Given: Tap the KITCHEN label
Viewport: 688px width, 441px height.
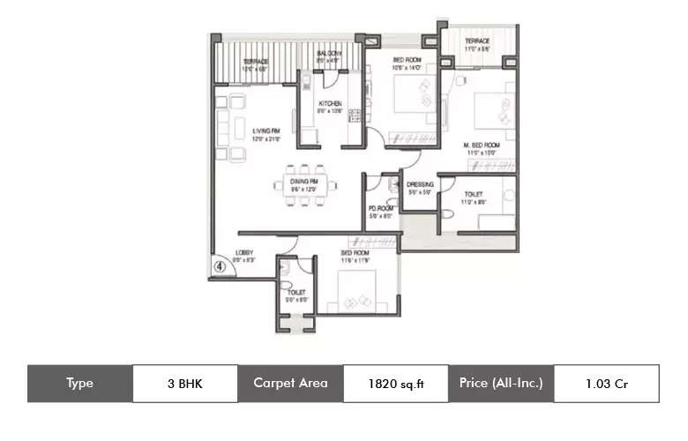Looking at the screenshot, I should [x=331, y=104].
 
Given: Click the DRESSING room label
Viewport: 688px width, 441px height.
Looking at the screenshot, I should [x=420, y=184].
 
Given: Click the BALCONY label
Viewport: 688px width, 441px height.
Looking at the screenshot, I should [x=330, y=55].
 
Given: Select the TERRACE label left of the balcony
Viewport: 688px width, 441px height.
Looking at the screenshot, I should [x=255, y=62].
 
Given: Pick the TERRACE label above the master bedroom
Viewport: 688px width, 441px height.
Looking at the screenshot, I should [x=477, y=41].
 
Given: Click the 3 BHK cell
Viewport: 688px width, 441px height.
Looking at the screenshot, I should [x=184, y=384].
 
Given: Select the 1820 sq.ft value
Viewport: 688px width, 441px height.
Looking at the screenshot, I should [x=395, y=384].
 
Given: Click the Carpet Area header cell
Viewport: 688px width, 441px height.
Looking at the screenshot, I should [x=290, y=384].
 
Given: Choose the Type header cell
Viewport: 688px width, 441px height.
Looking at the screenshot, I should [x=79, y=384].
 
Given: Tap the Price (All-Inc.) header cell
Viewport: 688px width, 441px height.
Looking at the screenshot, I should [x=500, y=384].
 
